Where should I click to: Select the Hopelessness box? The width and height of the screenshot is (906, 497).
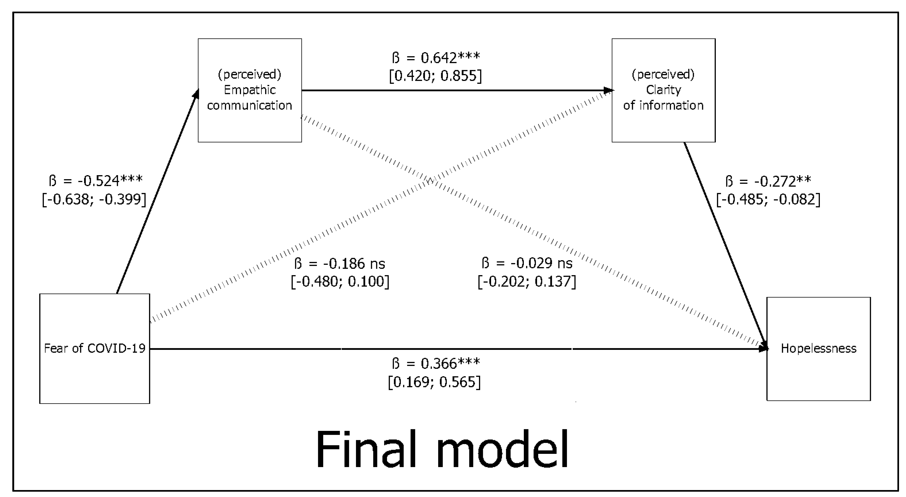(x=818, y=349)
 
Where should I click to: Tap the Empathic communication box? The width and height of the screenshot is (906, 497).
(x=249, y=90)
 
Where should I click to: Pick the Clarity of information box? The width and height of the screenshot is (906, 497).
(x=663, y=90)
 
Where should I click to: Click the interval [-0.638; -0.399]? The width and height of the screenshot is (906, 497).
(x=94, y=199)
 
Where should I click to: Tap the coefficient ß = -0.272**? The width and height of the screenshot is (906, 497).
(x=768, y=182)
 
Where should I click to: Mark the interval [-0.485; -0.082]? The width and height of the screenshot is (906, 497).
(x=768, y=200)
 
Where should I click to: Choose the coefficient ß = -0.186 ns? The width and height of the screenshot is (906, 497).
(x=339, y=264)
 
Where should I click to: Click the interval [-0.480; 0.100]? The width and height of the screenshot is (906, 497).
(x=340, y=281)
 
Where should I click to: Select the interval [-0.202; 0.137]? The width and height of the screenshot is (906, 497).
(x=527, y=281)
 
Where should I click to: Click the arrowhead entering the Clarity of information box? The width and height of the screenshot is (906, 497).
(x=609, y=90)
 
